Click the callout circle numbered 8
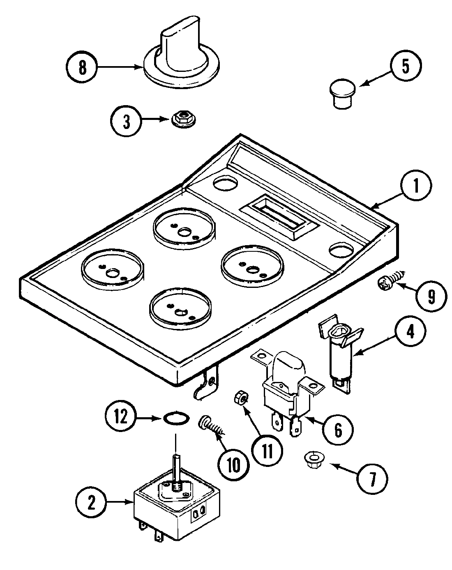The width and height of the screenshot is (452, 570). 83,67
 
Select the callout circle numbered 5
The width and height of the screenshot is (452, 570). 406,66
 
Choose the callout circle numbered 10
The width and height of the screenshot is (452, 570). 233,464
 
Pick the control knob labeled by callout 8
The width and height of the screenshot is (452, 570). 181,57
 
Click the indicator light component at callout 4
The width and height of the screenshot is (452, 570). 339,353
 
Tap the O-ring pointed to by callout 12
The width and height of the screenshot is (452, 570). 176,419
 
